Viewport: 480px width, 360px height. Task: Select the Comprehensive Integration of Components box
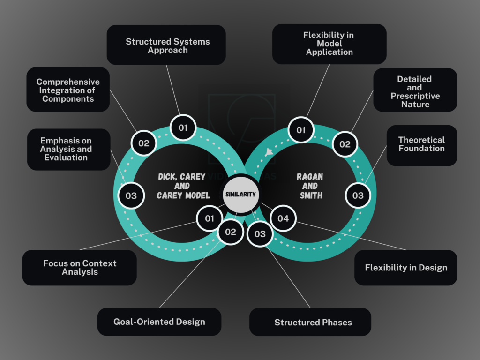pos(68,90)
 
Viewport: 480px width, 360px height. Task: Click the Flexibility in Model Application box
pos(329,44)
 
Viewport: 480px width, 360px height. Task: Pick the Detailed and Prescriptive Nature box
pos(415,91)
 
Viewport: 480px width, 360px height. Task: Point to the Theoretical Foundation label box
pos(421,144)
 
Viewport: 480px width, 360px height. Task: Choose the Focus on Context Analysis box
pos(80,268)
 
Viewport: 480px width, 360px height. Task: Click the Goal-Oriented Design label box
pos(159,322)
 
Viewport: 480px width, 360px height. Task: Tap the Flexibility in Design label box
pos(406,268)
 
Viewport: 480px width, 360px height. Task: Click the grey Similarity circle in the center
pos(240,194)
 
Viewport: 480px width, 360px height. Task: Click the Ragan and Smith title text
pos(309,186)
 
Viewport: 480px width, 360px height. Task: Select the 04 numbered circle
pos(283,218)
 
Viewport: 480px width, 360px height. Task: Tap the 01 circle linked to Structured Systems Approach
pos(183,127)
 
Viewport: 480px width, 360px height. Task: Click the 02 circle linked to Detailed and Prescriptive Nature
pos(345,144)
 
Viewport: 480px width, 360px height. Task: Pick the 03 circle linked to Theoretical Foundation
pos(358,195)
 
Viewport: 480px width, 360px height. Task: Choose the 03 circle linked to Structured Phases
pos(260,234)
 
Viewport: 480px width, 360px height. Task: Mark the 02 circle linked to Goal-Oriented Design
pos(231,232)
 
